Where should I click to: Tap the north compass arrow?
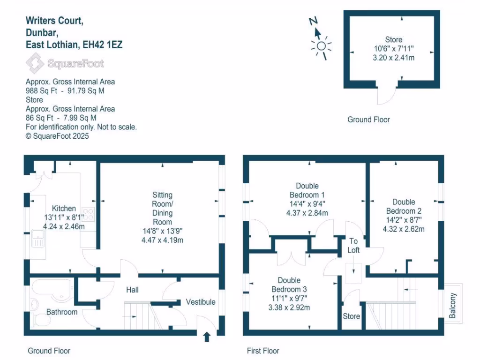(317, 32)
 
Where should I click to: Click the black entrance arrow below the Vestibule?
(207, 336)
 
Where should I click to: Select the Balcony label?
(452, 305)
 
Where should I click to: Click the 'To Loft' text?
(353, 246)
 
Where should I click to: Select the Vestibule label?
(201, 301)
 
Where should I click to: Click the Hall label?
(132, 290)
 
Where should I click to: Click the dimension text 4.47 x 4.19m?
(162, 240)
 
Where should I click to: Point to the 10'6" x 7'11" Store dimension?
(393, 49)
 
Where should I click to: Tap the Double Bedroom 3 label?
(289, 285)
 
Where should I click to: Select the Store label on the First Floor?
(351, 316)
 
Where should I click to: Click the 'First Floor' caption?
(263, 351)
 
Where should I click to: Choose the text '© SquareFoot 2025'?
(57, 136)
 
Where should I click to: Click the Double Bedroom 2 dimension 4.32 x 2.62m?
(404, 229)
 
